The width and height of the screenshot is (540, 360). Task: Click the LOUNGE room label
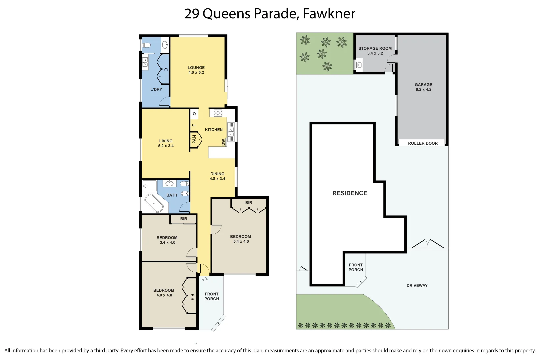tap(196, 68)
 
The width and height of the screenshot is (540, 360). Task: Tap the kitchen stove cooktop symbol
tap(218, 113)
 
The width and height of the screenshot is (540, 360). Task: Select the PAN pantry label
tap(194, 139)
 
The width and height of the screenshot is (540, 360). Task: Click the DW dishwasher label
tap(223, 142)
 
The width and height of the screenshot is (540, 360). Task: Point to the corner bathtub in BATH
tap(154, 203)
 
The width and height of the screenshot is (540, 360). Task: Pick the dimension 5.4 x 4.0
tap(241, 242)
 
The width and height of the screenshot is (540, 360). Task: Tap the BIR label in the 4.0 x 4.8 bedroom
tap(192, 297)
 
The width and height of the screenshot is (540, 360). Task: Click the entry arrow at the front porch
tap(205, 279)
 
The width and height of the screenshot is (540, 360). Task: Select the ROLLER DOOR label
tap(423, 143)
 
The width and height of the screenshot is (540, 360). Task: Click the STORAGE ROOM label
tap(375, 48)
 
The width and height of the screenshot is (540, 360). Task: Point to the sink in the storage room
tap(359, 65)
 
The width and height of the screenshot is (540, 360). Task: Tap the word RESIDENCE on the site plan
tap(350, 193)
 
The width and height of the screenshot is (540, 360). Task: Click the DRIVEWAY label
tap(417, 286)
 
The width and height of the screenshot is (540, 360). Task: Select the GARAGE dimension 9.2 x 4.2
tap(423, 90)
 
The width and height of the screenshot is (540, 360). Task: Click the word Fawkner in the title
tap(329, 14)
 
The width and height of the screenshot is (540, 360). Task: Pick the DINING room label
tap(217, 174)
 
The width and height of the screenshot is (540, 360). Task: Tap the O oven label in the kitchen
tap(194, 114)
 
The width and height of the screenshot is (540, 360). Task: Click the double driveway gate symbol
tap(428, 244)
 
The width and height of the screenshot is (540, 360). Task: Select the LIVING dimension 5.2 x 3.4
tap(166, 146)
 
